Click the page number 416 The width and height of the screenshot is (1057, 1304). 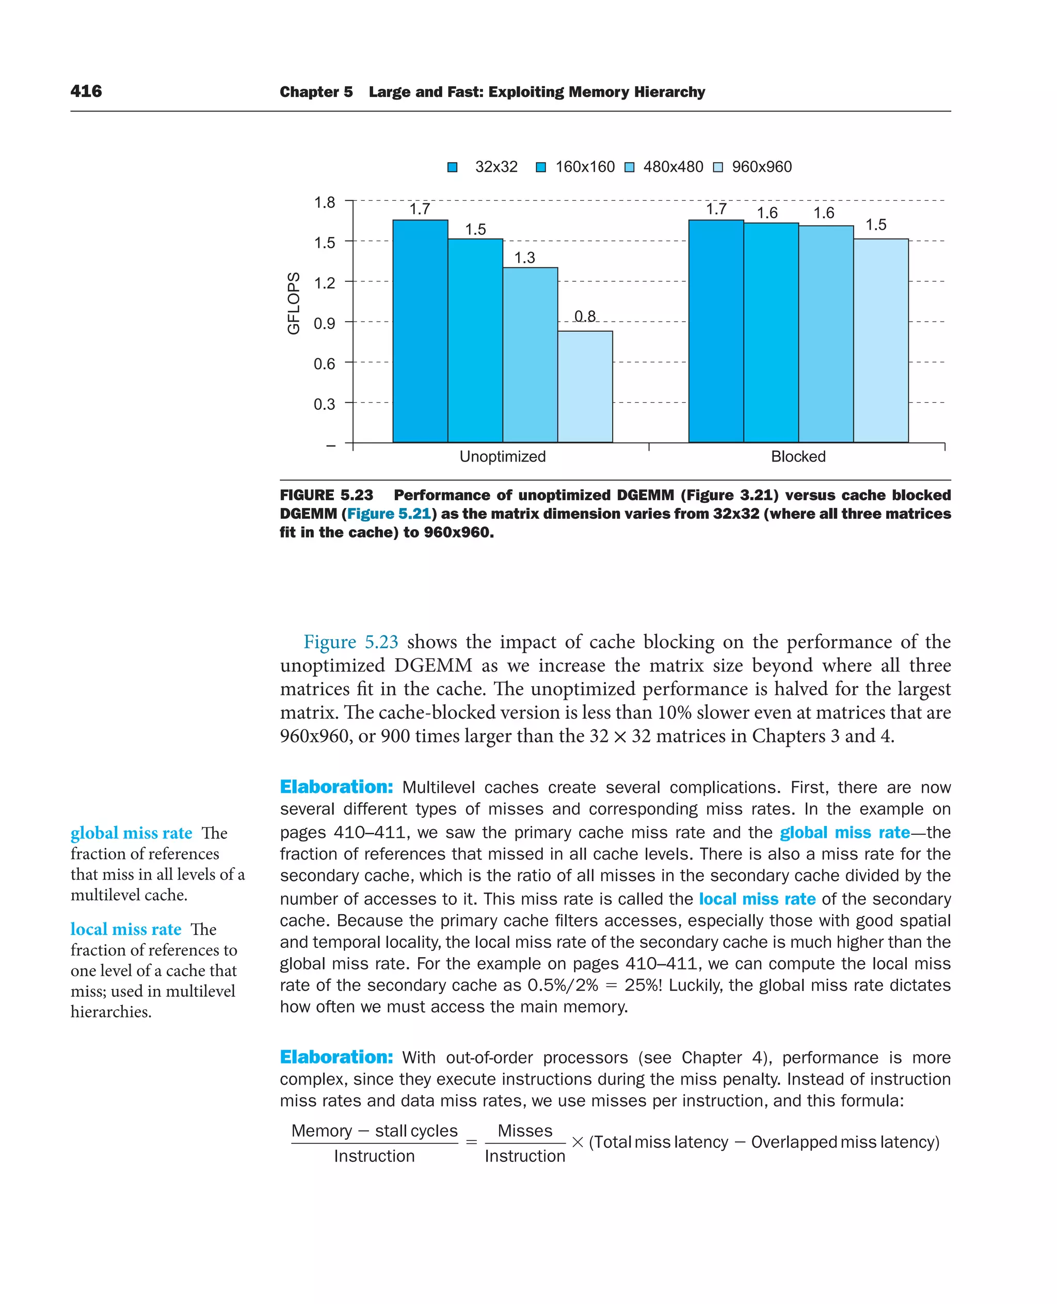click(x=86, y=91)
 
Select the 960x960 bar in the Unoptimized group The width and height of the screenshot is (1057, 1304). click(x=585, y=386)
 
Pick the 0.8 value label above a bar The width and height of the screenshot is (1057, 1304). click(x=585, y=316)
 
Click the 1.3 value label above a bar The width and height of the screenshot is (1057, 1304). click(x=524, y=258)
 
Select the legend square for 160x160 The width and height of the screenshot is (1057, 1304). click(x=541, y=167)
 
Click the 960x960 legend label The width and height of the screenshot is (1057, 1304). click(x=761, y=167)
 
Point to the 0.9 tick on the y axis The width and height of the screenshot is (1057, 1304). click(x=324, y=323)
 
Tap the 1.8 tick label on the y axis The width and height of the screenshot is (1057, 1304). click(x=324, y=202)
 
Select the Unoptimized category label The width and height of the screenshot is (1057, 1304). click(x=502, y=456)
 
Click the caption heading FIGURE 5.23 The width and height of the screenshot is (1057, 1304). click(x=326, y=495)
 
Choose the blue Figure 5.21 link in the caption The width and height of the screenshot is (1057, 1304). click(x=389, y=514)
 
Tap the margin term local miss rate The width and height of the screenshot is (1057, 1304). click(x=125, y=929)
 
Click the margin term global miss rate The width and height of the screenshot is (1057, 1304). click(x=131, y=833)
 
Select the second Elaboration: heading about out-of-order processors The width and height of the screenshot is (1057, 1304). click(x=336, y=1057)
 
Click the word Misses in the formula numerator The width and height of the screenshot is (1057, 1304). click(x=524, y=1131)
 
